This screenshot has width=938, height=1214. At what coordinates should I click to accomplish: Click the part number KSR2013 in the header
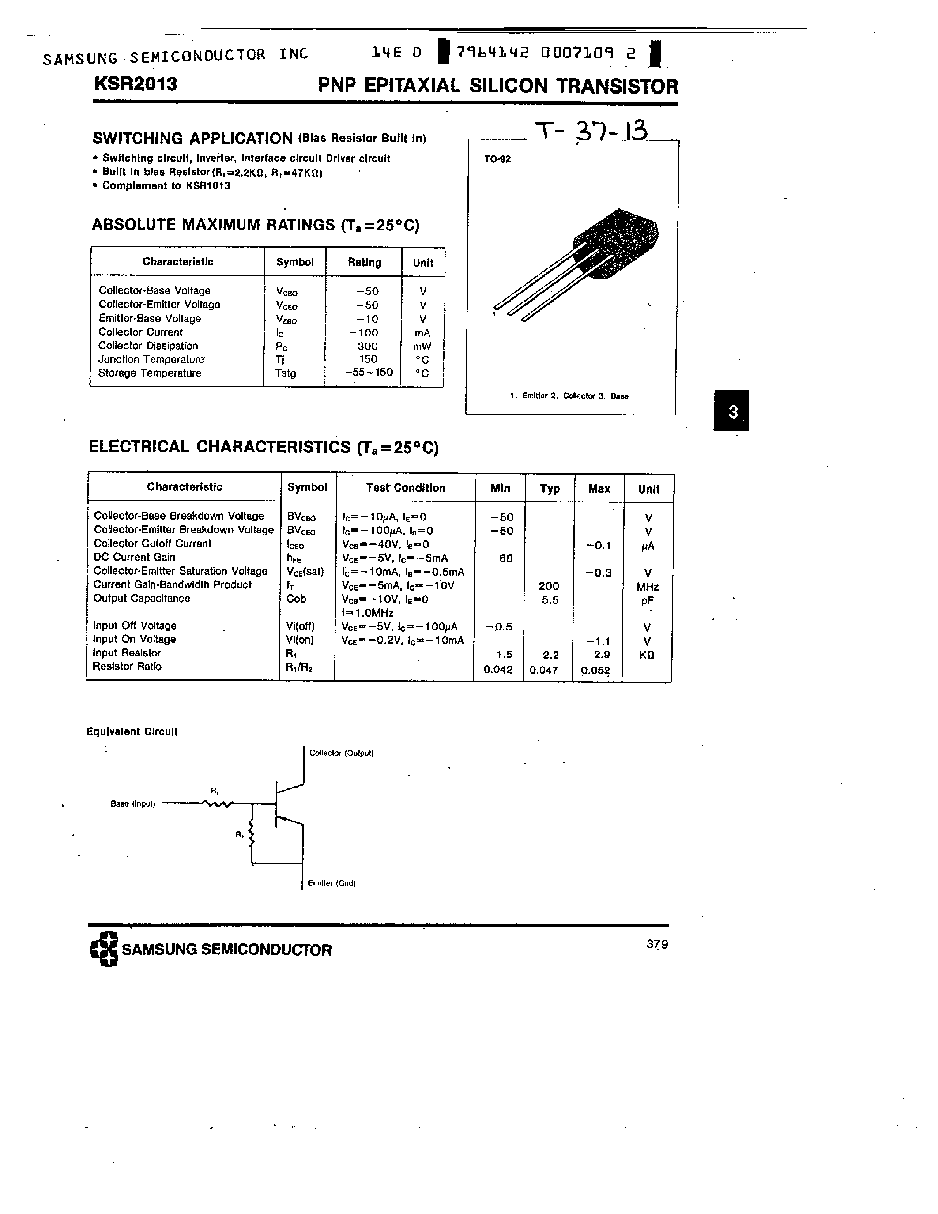click(x=136, y=84)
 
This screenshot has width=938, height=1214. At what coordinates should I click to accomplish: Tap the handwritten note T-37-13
click(x=591, y=132)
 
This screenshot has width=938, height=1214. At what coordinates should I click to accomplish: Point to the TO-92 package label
click(x=497, y=159)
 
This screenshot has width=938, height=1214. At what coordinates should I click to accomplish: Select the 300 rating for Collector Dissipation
click(x=367, y=346)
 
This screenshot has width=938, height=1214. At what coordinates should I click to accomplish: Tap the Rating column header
click(x=365, y=262)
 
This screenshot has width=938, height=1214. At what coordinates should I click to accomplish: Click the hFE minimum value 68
click(x=506, y=558)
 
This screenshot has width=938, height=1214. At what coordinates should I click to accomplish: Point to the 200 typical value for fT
click(x=549, y=586)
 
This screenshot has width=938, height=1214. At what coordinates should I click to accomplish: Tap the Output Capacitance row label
click(x=142, y=599)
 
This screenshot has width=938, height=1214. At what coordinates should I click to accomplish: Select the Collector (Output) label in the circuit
click(x=342, y=753)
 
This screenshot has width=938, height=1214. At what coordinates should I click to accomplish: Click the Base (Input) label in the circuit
click(x=133, y=804)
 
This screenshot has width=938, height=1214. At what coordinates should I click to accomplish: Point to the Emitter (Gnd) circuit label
click(x=332, y=883)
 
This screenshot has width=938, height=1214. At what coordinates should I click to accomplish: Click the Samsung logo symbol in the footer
click(x=104, y=949)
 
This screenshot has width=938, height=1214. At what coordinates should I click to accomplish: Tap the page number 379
click(x=657, y=944)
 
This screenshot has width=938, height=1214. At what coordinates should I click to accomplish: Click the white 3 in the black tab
click(x=733, y=412)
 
